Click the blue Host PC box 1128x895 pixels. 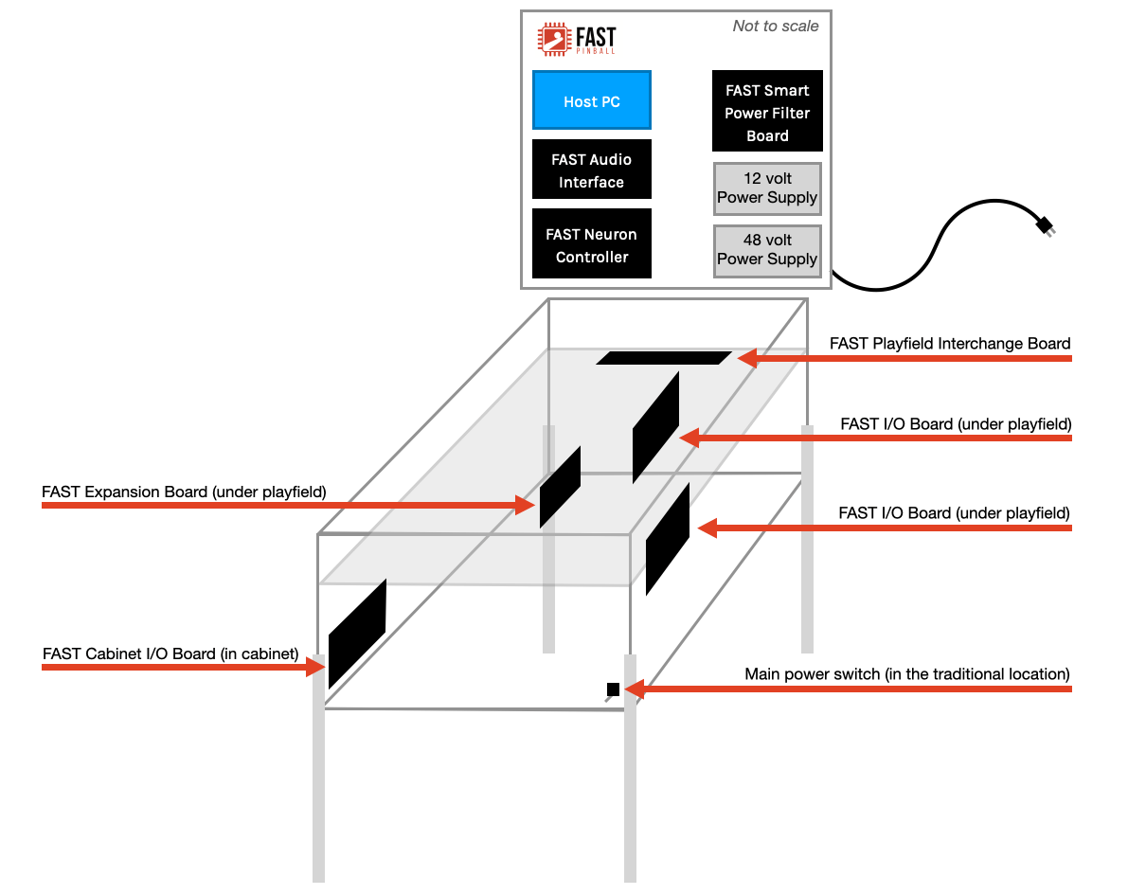pos(591,100)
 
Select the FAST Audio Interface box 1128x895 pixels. pos(591,170)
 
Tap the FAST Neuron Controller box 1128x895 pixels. pos(591,244)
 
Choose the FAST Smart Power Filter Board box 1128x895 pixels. pos(767,112)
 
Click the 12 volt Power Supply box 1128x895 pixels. pos(767,188)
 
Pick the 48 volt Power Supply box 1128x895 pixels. pos(767,250)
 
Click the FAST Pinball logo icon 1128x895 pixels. pos(553,39)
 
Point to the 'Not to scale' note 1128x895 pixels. pos(775,27)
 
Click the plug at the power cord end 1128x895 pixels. pos(1045,225)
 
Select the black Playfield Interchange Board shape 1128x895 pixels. pos(663,358)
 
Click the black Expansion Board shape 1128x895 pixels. pos(560,486)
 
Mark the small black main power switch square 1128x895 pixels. pos(613,689)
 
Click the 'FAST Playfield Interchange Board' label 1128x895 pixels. pos(950,344)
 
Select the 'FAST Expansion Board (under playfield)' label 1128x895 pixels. pos(184,492)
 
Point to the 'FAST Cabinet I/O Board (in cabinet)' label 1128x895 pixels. pos(170,653)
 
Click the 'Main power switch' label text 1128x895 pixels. pos(906,674)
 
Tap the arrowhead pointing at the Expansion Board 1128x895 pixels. pos(526,505)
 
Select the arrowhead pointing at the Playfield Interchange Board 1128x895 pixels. pos(748,359)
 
